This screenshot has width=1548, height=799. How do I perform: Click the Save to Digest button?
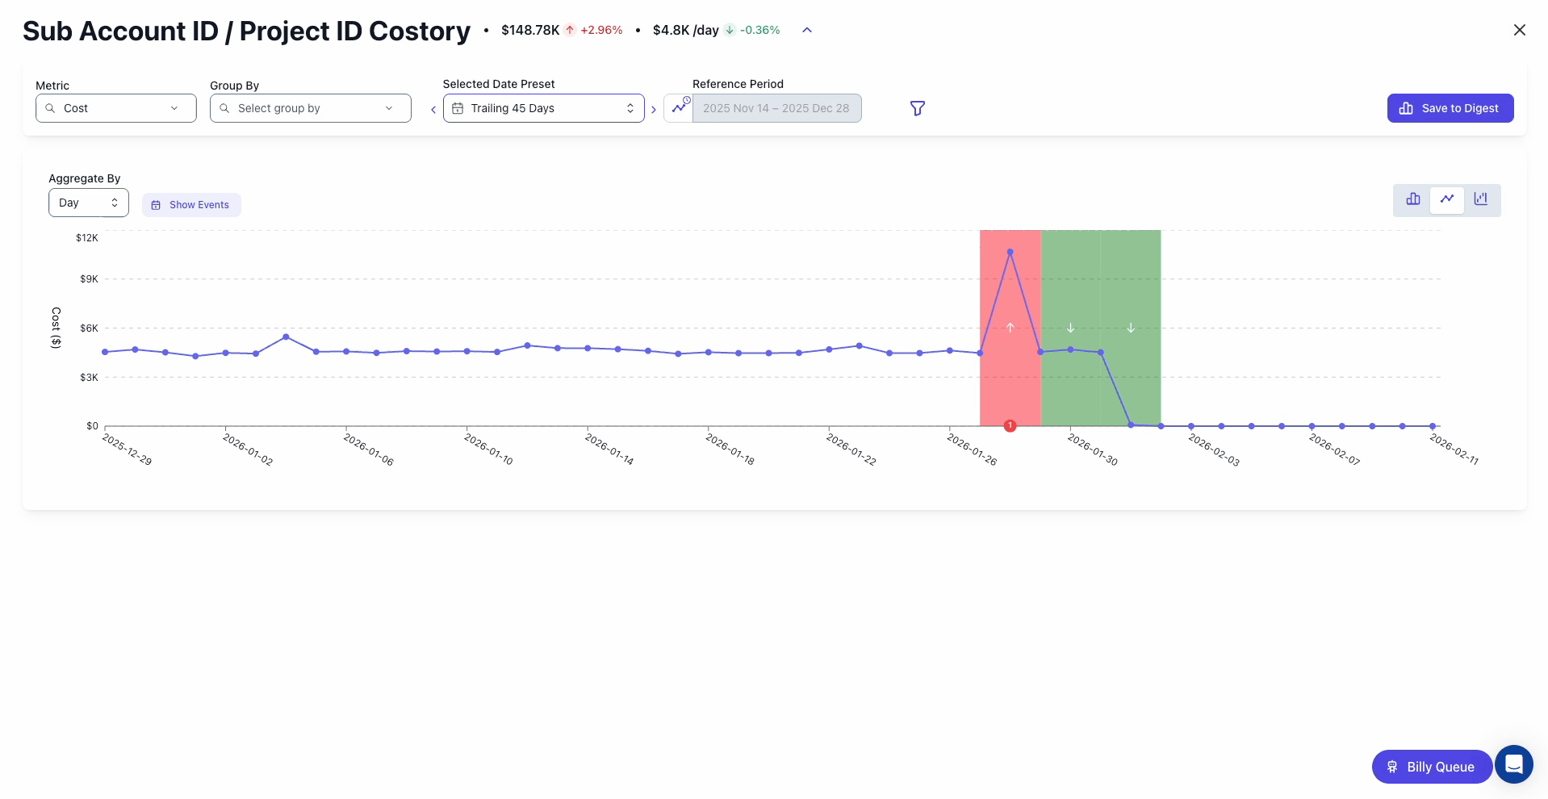(x=1450, y=108)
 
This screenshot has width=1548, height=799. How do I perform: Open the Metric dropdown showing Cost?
(x=115, y=108)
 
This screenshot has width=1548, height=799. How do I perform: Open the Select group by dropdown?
(x=310, y=108)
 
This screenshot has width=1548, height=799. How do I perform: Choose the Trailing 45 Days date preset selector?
(x=543, y=108)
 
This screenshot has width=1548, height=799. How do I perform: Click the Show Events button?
(x=191, y=205)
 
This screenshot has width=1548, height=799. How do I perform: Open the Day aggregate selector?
(x=88, y=203)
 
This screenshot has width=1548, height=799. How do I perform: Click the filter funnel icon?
(x=917, y=108)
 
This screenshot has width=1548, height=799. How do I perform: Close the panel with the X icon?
(x=1519, y=30)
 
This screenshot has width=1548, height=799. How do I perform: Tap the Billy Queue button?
(x=1431, y=767)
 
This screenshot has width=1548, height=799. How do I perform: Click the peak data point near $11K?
(x=1010, y=252)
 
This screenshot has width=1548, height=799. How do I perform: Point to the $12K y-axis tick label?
(x=87, y=238)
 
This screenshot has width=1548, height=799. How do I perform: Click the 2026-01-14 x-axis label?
(x=609, y=450)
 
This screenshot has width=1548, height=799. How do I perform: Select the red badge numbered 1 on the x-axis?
(x=1010, y=425)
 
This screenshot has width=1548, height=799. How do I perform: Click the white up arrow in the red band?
(x=1010, y=328)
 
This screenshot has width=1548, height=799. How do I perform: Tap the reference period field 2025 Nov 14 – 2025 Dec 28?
(x=776, y=108)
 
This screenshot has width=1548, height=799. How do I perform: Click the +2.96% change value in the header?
(x=601, y=31)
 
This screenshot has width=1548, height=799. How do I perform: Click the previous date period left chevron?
(x=433, y=110)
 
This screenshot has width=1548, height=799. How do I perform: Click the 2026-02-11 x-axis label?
(x=1454, y=450)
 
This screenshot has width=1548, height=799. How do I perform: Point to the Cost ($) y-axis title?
(x=56, y=328)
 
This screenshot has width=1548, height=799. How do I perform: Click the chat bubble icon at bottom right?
(x=1513, y=764)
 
